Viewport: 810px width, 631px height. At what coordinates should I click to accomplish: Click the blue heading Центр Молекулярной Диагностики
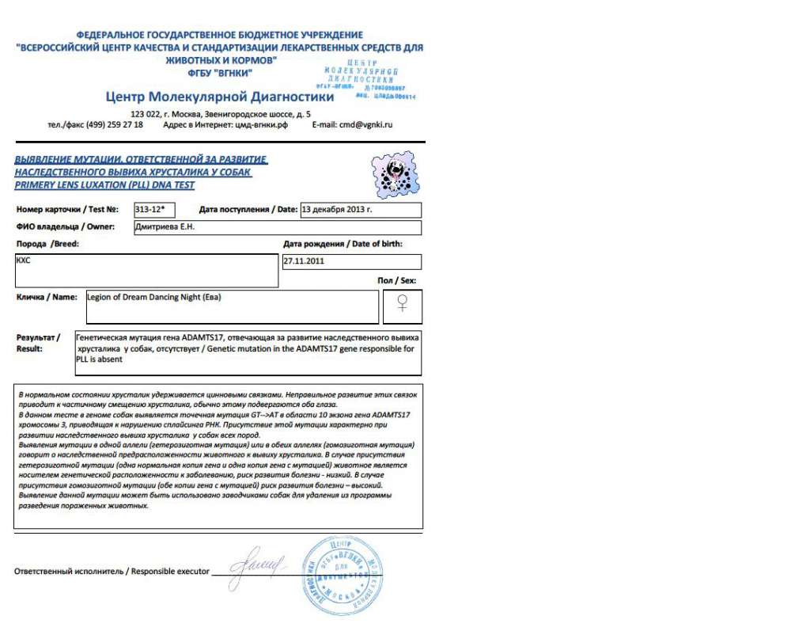(x=219, y=97)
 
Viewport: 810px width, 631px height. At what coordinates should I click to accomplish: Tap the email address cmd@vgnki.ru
(x=365, y=124)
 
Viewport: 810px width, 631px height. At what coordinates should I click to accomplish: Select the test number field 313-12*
(x=153, y=210)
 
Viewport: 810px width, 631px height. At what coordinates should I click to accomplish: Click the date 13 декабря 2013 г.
(x=337, y=210)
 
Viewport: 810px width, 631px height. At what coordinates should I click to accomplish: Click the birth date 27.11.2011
(x=304, y=261)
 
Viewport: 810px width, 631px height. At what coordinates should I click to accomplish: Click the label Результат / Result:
(x=38, y=342)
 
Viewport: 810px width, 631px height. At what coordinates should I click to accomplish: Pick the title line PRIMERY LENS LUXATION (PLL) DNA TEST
(x=104, y=185)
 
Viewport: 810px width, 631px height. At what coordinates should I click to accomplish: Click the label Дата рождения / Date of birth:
(x=343, y=244)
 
